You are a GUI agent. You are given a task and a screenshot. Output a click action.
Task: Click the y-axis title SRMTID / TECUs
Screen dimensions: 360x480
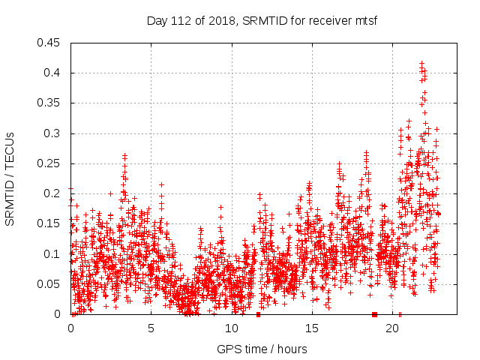click(10, 179)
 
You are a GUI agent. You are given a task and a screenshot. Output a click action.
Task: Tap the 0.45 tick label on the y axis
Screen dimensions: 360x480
click(51, 43)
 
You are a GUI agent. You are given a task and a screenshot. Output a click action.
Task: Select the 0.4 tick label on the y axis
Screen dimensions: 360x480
click(54, 73)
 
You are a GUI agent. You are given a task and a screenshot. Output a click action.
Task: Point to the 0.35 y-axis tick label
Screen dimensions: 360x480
click(51, 103)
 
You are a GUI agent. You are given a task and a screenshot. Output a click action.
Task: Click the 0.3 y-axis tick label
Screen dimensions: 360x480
click(54, 133)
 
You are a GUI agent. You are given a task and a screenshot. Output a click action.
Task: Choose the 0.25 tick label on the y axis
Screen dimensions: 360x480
click(51, 163)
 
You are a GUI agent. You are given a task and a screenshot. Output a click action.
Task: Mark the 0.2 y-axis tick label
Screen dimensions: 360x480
click(54, 193)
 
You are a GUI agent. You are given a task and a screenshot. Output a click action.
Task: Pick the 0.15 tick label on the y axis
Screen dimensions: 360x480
click(51, 224)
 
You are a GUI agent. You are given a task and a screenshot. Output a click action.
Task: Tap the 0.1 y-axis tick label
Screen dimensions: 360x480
click(54, 254)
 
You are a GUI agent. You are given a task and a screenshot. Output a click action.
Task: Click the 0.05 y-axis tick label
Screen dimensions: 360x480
click(51, 284)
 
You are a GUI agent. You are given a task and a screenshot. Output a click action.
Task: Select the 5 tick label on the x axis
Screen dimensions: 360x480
click(151, 328)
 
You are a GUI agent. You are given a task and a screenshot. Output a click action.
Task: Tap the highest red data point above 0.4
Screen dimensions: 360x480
click(421, 64)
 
